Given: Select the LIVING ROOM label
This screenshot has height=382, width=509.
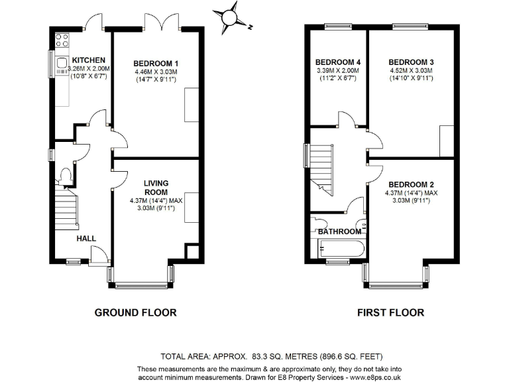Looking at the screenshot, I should [x=156, y=187].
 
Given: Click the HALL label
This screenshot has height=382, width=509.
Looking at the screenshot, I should [x=86, y=238].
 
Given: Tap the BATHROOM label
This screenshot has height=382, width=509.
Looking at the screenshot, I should [x=339, y=231].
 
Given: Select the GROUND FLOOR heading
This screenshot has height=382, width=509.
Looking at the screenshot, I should [x=135, y=312].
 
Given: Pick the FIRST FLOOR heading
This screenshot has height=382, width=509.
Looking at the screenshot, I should [x=390, y=312].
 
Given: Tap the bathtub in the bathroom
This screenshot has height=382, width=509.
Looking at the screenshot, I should [x=339, y=250].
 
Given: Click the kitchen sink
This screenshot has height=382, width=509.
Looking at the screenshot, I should [x=61, y=64].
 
